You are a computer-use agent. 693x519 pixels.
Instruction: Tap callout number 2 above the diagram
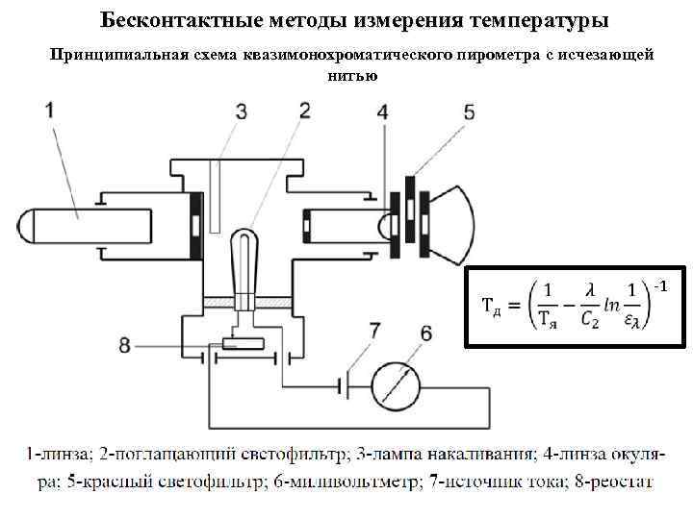(305, 111)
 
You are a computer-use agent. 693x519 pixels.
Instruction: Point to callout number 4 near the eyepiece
(383, 112)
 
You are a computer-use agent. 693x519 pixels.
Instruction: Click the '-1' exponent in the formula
(660, 287)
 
